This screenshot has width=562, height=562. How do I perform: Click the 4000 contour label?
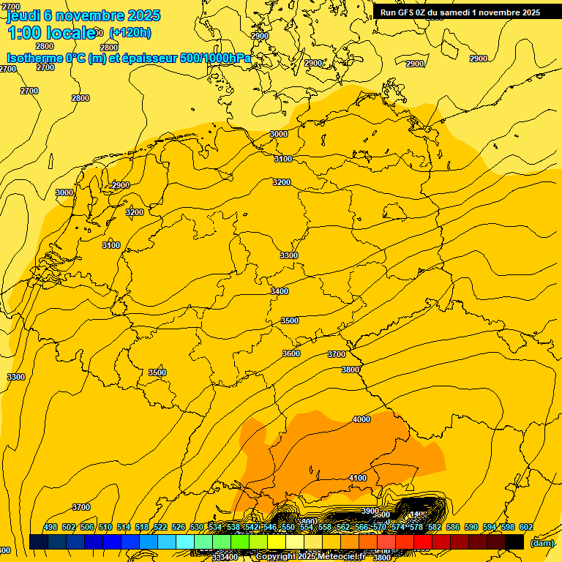tap(361, 419)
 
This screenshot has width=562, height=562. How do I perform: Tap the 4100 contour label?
tap(357, 478)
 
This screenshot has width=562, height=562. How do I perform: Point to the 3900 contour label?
tap(370, 511)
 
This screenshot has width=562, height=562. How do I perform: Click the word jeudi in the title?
tap(24, 15)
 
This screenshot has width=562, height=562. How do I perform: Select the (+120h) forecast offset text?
tap(130, 33)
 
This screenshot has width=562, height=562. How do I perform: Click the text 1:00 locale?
tap(51, 33)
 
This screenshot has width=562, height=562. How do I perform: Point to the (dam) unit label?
tap(542, 542)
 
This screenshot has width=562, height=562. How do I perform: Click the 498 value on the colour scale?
tap(50, 527)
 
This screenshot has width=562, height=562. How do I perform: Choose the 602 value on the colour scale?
tap(525, 527)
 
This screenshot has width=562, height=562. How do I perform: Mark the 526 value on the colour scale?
tap(179, 527)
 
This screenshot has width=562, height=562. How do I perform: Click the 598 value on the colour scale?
tap(508, 527)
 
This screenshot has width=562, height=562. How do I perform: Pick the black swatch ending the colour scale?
tap(514, 542)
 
